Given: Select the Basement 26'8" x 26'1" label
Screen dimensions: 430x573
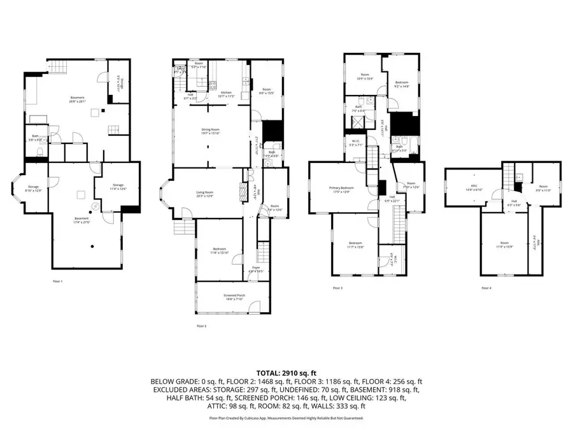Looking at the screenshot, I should pos(78,98).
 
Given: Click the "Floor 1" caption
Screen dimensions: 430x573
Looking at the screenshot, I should pos(58,281).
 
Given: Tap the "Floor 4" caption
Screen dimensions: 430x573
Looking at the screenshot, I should pos(486,288).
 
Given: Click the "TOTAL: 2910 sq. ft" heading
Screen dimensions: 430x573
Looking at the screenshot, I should pos(286,373).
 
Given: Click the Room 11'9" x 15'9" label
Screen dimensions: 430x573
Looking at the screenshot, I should pos(504,244).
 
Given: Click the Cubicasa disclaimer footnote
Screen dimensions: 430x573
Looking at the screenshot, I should pos(286,419).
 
